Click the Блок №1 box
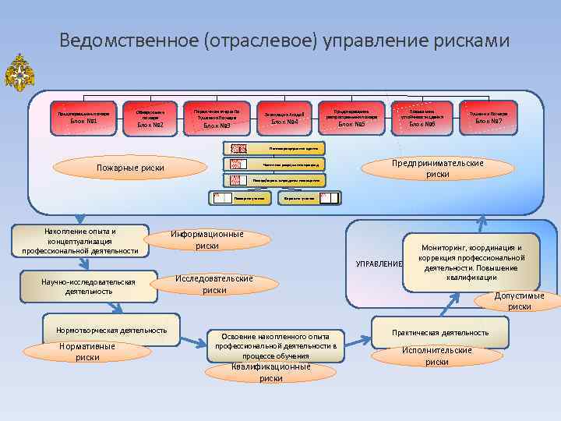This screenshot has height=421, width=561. pyautogui.click(x=83, y=118)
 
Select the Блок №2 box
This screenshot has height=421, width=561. pyautogui.click(x=150, y=119)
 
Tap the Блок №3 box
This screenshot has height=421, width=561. pyautogui.click(x=217, y=119)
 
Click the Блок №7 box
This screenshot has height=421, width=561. pyautogui.click(x=489, y=117)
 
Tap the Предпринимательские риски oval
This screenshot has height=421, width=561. pyautogui.click(x=438, y=169)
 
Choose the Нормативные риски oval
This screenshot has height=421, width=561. pyautogui.click(x=87, y=352)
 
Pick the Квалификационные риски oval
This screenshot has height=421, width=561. pyautogui.click(x=270, y=372)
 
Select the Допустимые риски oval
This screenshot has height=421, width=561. pyautogui.click(x=520, y=301)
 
